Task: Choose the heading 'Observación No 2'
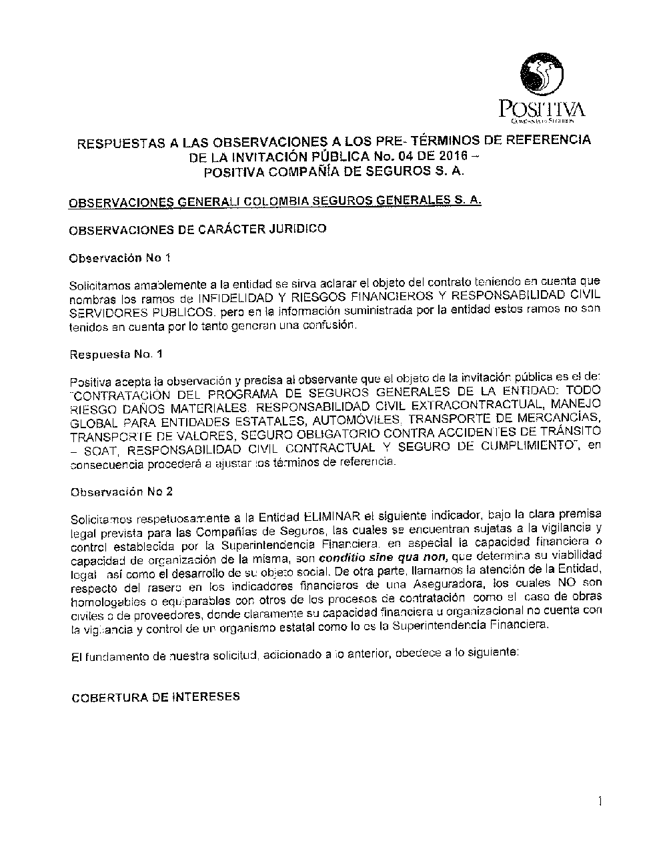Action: tap(122, 492)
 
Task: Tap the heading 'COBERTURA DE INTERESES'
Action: tap(155, 697)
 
